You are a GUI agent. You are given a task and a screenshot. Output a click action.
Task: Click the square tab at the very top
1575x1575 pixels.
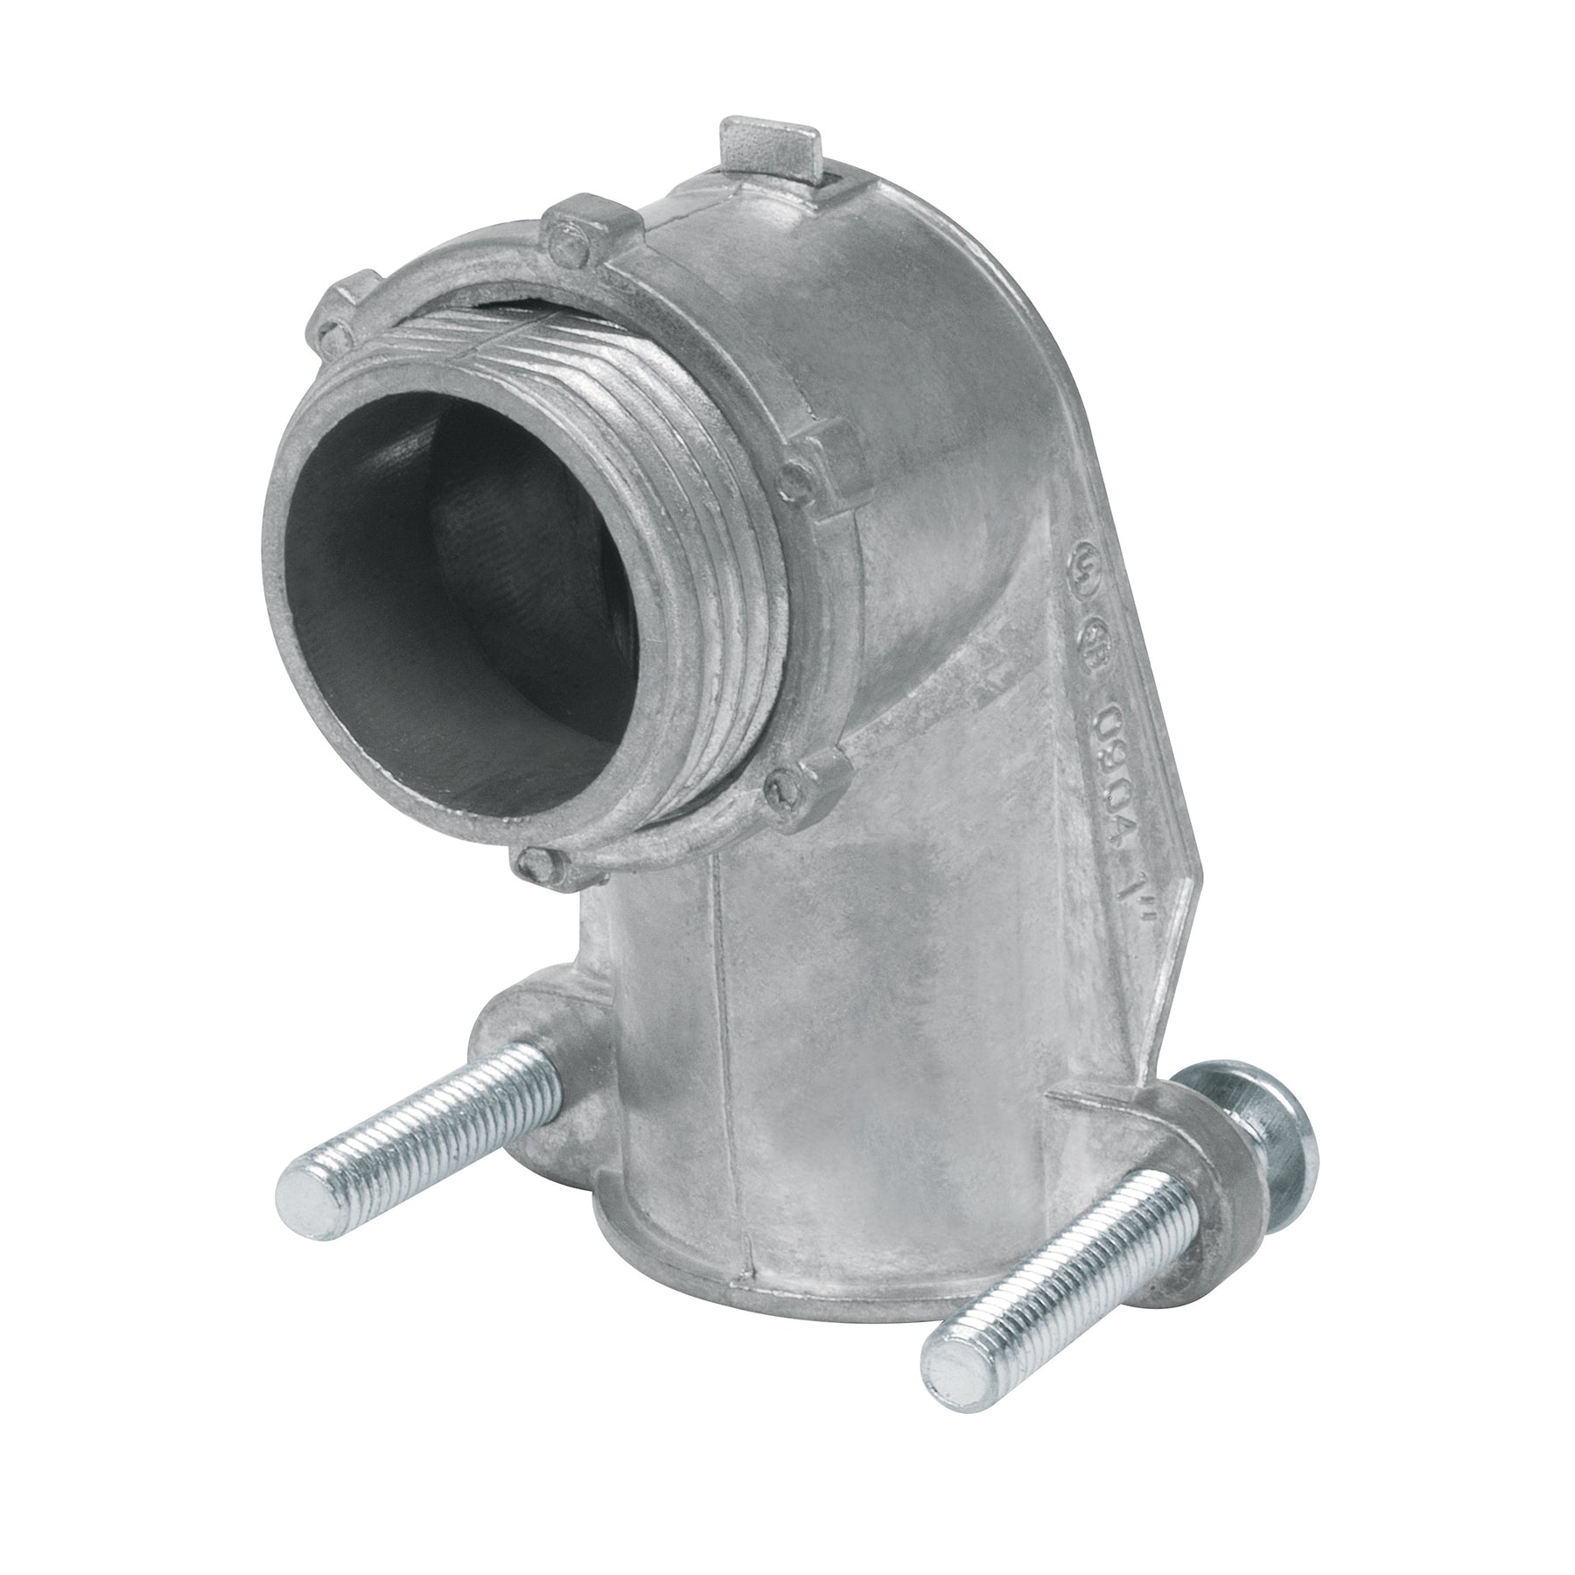point(767,143)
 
